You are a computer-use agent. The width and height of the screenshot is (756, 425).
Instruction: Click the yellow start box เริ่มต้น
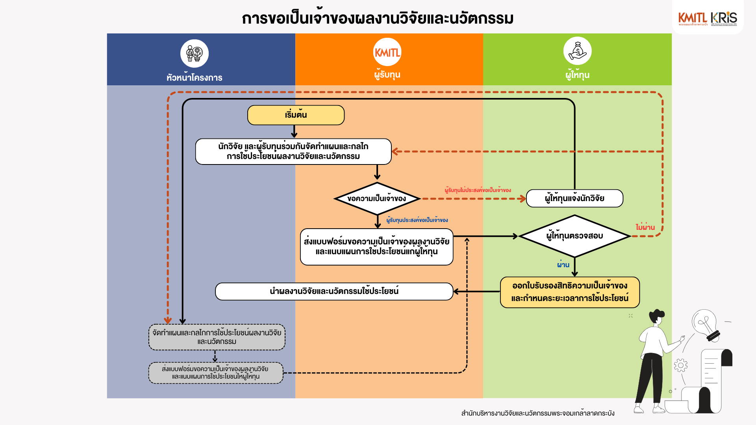click(x=296, y=115)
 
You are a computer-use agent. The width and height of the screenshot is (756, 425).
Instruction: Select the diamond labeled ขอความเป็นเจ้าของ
click(x=377, y=199)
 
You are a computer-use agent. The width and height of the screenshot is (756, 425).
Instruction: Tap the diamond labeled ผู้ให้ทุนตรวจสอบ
click(x=574, y=236)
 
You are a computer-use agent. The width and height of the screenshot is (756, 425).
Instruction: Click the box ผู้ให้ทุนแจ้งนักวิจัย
click(x=574, y=198)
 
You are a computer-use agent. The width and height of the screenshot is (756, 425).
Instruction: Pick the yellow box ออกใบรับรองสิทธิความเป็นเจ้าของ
click(x=570, y=292)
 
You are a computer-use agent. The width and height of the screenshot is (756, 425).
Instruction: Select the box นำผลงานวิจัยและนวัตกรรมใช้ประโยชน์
click(x=334, y=292)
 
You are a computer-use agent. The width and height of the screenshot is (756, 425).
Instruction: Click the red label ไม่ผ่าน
click(x=645, y=227)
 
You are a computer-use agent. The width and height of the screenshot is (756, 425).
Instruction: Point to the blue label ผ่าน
click(x=563, y=265)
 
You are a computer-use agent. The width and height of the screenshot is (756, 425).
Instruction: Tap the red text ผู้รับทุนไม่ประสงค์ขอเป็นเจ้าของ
click(x=478, y=190)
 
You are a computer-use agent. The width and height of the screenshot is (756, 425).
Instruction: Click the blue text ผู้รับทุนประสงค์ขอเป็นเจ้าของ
click(x=417, y=220)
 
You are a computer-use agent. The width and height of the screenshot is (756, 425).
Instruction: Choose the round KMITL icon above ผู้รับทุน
click(x=387, y=52)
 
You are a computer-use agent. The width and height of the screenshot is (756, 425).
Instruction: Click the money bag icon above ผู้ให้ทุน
click(x=577, y=51)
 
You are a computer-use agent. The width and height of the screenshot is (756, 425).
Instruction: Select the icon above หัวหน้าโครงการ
click(x=195, y=54)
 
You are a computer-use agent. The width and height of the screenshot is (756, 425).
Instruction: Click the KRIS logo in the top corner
click(x=724, y=18)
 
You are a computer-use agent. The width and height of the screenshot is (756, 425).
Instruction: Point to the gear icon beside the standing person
click(x=680, y=365)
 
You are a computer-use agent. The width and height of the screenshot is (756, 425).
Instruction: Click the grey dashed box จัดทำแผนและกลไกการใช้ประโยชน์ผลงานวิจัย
click(x=217, y=337)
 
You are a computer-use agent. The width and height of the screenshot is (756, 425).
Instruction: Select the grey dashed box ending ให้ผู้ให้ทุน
click(x=216, y=373)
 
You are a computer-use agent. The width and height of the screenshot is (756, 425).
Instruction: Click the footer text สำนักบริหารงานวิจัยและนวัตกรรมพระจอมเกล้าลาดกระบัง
click(x=537, y=413)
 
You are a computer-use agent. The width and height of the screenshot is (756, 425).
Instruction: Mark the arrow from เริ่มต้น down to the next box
click(x=294, y=131)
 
